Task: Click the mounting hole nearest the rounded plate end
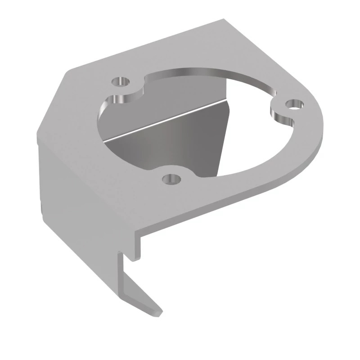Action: pos(295,106)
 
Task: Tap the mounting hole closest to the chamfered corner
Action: pos(120,82)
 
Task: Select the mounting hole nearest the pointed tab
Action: pos(171,179)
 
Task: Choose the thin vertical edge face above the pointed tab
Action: pos(121,274)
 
